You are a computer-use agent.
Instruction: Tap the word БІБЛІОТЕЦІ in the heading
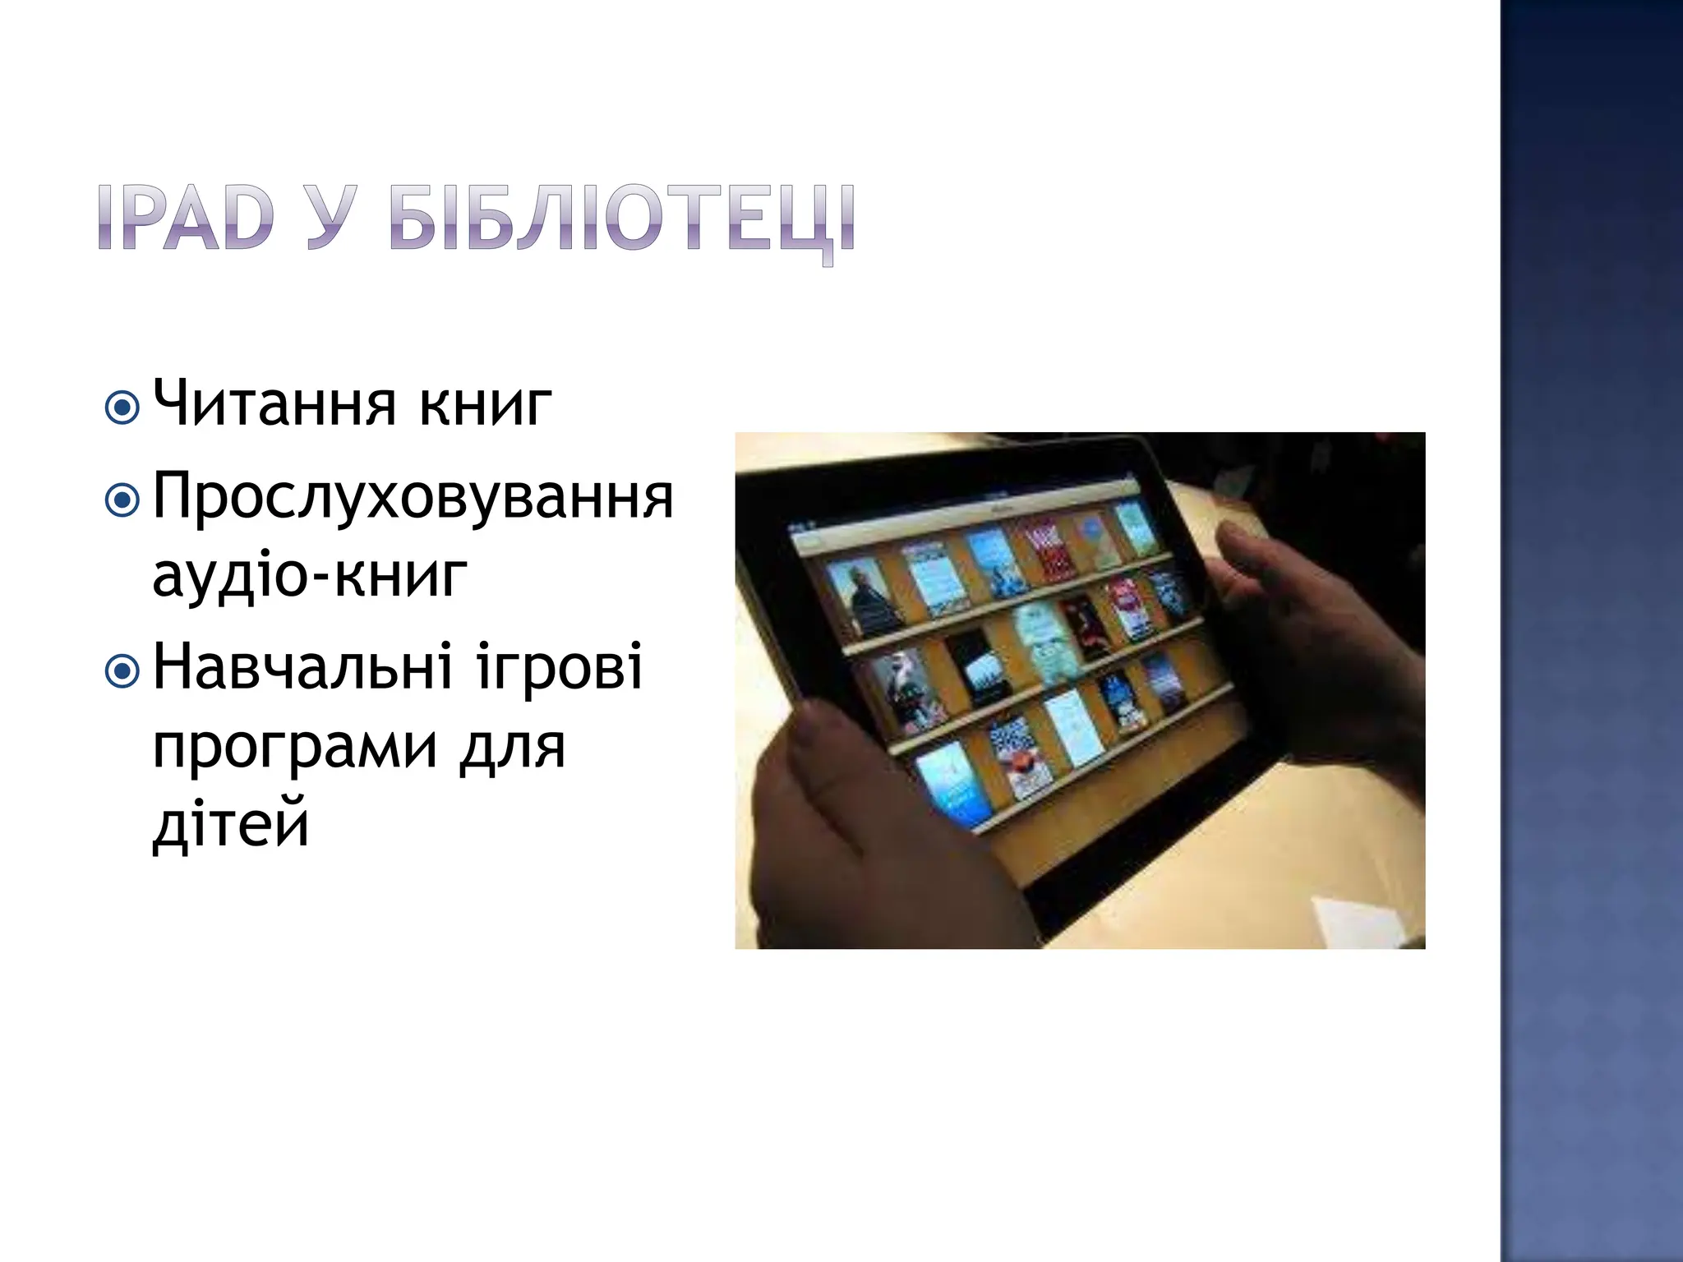click(x=622, y=219)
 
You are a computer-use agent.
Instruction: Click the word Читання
click(x=274, y=403)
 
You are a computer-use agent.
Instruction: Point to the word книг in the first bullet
click(x=485, y=405)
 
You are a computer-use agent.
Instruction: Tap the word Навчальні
click(x=302, y=667)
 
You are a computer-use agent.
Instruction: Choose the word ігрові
click(x=559, y=667)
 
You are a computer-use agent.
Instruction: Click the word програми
click(x=295, y=748)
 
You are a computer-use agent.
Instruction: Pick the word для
click(x=512, y=748)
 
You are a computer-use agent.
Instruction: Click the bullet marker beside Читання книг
click(x=122, y=408)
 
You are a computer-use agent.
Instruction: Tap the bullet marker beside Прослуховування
click(x=122, y=500)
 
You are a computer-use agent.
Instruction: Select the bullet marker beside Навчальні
click(x=122, y=671)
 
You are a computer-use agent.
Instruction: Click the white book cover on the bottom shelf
click(x=1072, y=727)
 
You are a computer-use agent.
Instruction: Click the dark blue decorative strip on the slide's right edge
click(x=1591, y=631)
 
